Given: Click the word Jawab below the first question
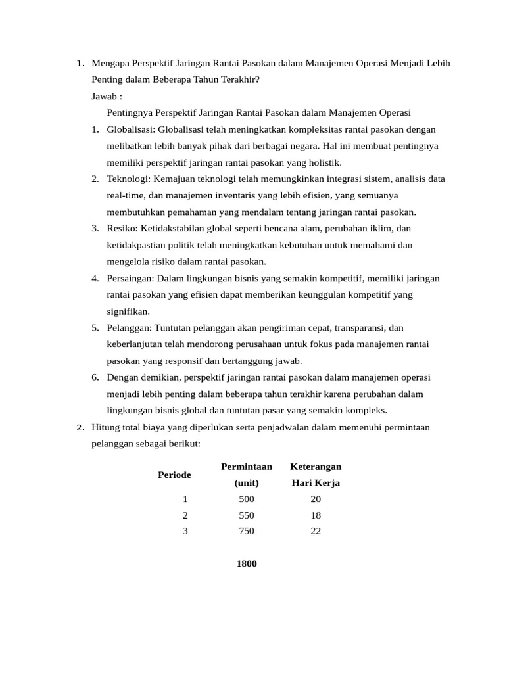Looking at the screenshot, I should pyautogui.click(x=105, y=96).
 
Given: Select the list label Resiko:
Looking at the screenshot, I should pyautogui.click(x=122, y=228).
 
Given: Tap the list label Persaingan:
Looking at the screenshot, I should pyautogui.click(x=131, y=278).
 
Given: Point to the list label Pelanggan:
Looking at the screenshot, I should pyautogui.click(x=129, y=327).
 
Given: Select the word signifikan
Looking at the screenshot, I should pyautogui.click(x=128, y=311).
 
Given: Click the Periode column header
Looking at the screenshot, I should pyautogui.click(x=174, y=475).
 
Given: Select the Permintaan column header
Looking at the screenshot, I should pyautogui.click(x=247, y=467).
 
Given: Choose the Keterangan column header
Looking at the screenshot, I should pyautogui.click(x=316, y=467).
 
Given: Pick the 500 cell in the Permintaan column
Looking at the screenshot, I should pyautogui.click(x=247, y=499).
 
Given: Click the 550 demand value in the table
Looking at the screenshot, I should pyautogui.click(x=247, y=515).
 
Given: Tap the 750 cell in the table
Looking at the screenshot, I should pyautogui.click(x=247, y=531).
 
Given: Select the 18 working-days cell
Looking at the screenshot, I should pyautogui.click(x=316, y=515).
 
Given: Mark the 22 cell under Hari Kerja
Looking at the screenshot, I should pyautogui.click(x=316, y=531).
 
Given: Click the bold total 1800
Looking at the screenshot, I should pyautogui.click(x=247, y=563).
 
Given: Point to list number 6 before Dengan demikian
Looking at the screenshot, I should pyautogui.click(x=95, y=377).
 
